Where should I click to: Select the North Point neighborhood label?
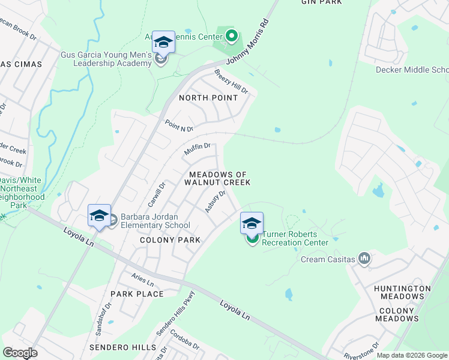[x=208, y=97]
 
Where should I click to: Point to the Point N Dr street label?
[x=179, y=125]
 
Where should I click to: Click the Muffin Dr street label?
[x=197, y=149]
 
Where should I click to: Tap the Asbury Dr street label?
[x=214, y=202]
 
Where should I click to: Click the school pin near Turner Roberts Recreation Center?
[x=252, y=223]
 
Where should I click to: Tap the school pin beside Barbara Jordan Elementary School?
[x=99, y=215]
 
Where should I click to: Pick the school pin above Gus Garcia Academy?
[x=163, y=42]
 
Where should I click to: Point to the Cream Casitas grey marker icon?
[x=364, y=259]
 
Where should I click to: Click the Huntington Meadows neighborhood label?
[x=402, y=292]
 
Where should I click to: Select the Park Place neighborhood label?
[x=137, y=294]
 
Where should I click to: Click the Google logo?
[x=20, y=353]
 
